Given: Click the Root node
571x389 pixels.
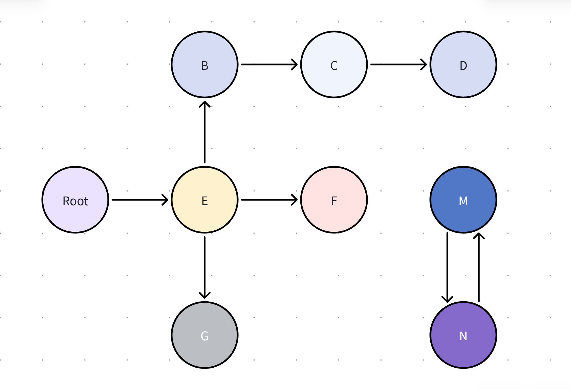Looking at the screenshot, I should [75, 200].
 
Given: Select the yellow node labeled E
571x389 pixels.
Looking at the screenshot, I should [204, 200].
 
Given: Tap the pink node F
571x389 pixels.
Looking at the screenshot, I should [334, 200].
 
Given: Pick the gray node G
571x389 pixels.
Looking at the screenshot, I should [204, 335].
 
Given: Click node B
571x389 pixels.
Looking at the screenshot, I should [204, 65].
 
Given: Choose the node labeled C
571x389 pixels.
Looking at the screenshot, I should [334, 65].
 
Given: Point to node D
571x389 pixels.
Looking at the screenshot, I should [463, 65].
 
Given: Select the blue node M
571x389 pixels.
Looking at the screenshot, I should [463, 200].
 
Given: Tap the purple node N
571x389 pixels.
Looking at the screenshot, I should [463, 335].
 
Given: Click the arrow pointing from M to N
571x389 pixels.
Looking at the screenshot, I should [447, 267].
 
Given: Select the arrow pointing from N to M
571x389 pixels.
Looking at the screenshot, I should [479, 267].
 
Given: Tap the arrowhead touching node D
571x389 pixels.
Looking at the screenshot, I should [425, 65].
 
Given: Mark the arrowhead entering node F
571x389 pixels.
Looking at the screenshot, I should [295, 200].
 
